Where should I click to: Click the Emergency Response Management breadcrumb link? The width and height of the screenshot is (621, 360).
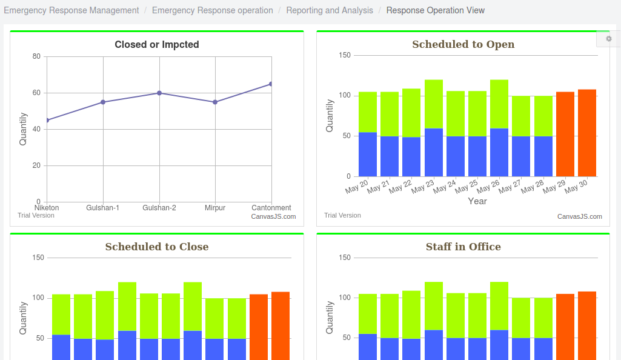pyautogui.click(x=71, y=10)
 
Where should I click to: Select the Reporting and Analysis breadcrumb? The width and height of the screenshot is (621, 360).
pyautogui.click(x=330, y=10)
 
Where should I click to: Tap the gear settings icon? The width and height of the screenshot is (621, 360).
pyautogui.click(x=609, y=39)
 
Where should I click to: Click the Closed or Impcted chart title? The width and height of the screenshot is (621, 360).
pyautogui.click(x=157, y=44)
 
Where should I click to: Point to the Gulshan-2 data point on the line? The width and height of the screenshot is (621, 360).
pyautogui.click(x=159, y=93)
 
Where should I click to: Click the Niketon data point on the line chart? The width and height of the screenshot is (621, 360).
pyautogui.click(x=47, y=120)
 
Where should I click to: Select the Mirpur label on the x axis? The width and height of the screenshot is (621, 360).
pyautogui.click(x=215, y=208)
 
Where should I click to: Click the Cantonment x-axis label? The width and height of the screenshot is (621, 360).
pyautogui.click(x=271, y=208)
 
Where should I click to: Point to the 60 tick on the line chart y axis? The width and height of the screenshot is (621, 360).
pyautogui.click(x=36, y=93)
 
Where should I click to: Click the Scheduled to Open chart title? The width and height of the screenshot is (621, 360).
pyautogui.click(x=463, y=44)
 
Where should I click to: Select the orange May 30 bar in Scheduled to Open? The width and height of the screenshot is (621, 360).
pyautogui.click(x=587, y=133)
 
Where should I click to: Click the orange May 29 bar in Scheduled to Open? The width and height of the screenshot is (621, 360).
pyautogui.click(x=565, y=134)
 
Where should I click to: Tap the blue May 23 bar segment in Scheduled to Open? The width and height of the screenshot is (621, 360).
pyautogui.click(x=434, y=152)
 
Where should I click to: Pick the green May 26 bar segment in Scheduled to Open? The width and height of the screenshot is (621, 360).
pyautogui.click(x=499, y=104)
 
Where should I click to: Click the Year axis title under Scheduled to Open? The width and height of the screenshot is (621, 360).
pyautogui.click(x=477, y=201)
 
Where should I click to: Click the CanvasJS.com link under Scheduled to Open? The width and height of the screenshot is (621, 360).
pyautogui.click(x=580, y=216)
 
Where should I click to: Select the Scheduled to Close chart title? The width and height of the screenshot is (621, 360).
pyautogui.click(x=157, y=247)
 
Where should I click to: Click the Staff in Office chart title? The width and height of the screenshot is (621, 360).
pyautogui.click(x=463, y=247)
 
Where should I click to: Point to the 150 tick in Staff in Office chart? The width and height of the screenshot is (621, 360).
pyautogui.click(x=344, y=258)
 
